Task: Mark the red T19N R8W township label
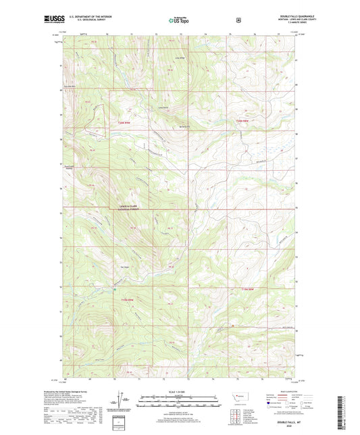[249, 289]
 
